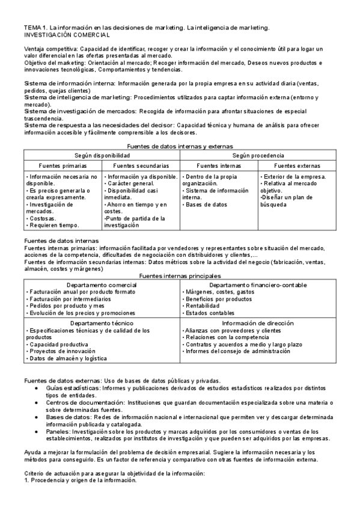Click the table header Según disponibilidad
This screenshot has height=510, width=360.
click(x=102, y=155)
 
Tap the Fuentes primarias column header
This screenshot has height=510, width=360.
click(x=63, y=165)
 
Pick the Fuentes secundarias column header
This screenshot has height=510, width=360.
click(x=141, y=165)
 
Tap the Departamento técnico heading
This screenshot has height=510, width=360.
click(x=102, y=323)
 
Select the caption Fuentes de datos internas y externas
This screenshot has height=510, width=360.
click(x=180, y=146)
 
